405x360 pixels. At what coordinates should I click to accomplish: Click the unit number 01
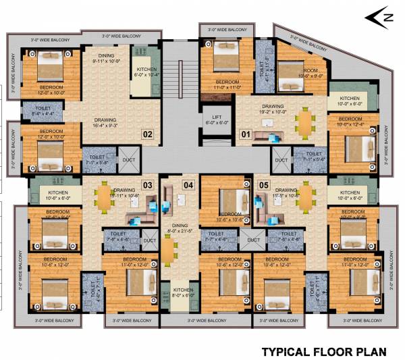tap(245, 134)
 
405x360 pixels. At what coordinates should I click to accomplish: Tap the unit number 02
tap(146, 134)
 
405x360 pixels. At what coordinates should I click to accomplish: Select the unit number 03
tap(147, 184)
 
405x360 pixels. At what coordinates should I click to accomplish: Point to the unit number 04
tap(188, 184)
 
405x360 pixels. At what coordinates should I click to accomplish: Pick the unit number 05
tap(245, 184)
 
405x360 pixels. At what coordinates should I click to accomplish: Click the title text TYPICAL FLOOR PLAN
tap(323, 351)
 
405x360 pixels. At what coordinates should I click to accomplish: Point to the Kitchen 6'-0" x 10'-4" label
tap(147, 72)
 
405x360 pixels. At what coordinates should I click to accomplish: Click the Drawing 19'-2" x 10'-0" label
tap(273, 109)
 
